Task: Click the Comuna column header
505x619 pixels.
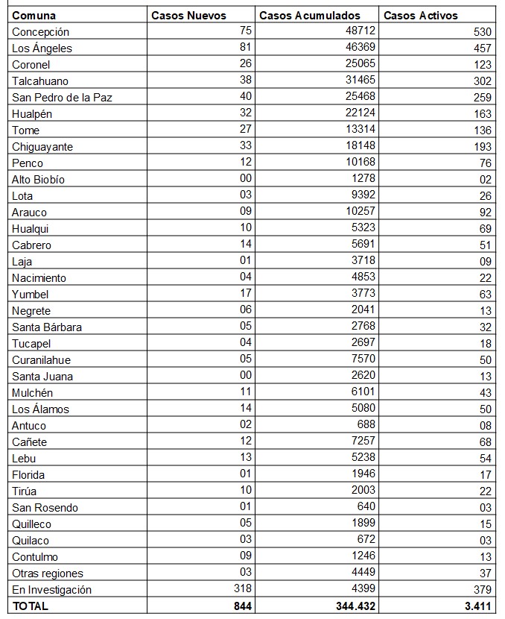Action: (34, 15)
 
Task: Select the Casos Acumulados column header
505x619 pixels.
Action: (309, 15)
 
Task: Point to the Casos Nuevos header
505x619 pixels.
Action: (188, 15)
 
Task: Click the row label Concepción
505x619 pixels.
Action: (40, 32)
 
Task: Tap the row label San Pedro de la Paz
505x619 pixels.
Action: (62, 98)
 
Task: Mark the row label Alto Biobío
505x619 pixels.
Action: (38, 180)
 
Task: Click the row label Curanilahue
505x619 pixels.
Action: (41, 360)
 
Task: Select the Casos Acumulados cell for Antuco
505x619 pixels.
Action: (366, 426)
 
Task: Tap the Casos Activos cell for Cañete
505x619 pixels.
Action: (485, 442)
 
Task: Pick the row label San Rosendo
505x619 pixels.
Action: (45, 508)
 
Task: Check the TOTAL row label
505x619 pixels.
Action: (31, 606)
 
